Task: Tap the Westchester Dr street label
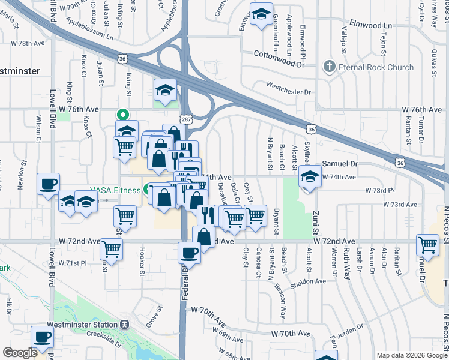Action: pos(289,92)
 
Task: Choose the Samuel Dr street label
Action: pos(340,163)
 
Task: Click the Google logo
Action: pos(20,353)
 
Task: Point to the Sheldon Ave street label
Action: pos(309,281)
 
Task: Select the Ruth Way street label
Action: pos(346,266)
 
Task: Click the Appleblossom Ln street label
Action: pos(84,25)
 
